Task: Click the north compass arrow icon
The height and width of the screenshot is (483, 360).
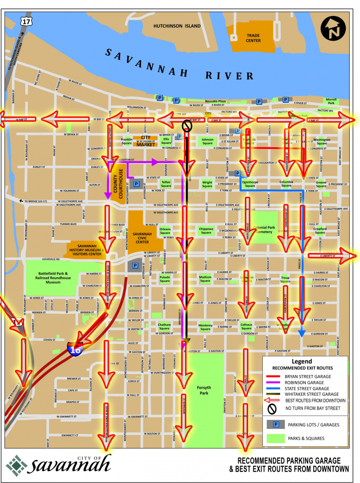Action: [x=333, y=30]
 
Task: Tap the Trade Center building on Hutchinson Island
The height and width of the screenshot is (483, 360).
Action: [x=253, y=38]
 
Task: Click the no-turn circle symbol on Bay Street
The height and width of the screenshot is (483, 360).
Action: [x=187, y=125]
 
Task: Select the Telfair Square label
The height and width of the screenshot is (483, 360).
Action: [x=166, y=183]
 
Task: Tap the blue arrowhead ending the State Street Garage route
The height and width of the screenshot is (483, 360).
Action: [x=301, y=333]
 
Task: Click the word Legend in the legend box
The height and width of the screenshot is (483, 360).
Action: [x=305, y=361]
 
